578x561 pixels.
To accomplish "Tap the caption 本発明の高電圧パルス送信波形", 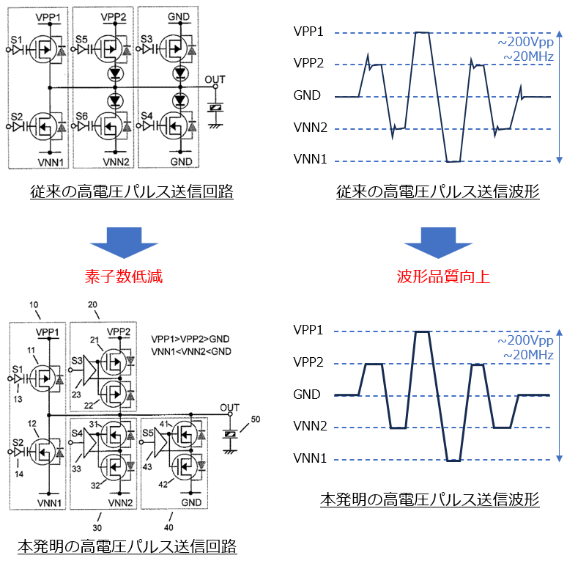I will point(430,501).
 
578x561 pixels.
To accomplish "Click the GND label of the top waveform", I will point(307,96).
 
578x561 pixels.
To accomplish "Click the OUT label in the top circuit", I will point(215,79).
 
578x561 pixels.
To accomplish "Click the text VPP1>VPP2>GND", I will point(192,340).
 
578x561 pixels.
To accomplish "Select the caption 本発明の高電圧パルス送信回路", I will point(127,546).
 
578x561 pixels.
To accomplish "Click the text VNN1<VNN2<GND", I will point(191,352).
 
